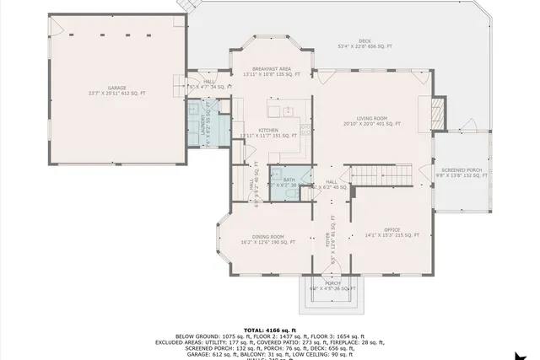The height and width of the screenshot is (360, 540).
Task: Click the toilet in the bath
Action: click(x=288, y=193)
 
